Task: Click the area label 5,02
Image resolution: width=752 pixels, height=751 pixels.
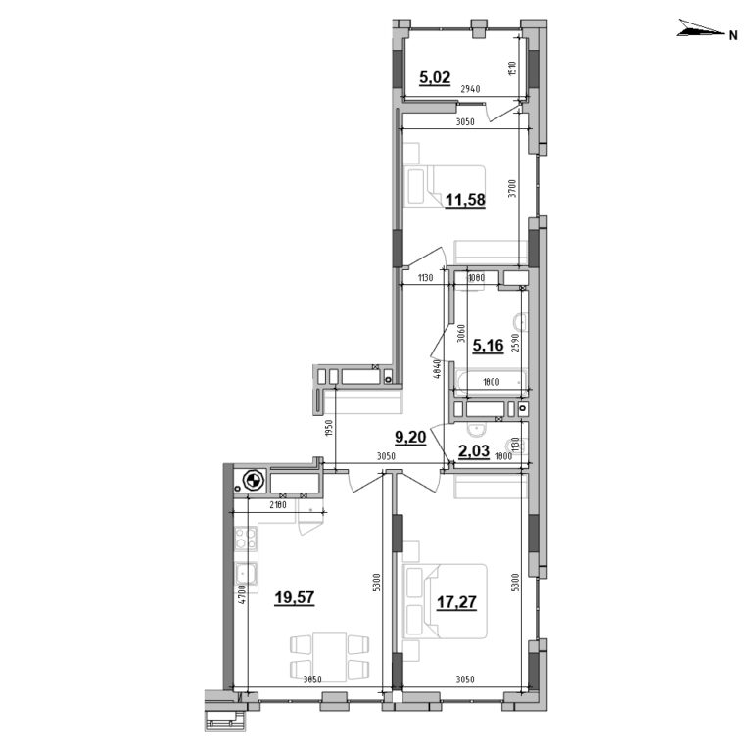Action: click(435, 78)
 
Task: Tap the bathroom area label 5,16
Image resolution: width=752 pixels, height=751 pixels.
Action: click(489, 344)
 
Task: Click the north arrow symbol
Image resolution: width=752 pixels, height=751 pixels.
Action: click(698, 33)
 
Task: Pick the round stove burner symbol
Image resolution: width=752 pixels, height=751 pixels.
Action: click(252, 481)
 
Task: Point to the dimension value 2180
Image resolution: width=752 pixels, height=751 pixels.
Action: click(280, 505)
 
